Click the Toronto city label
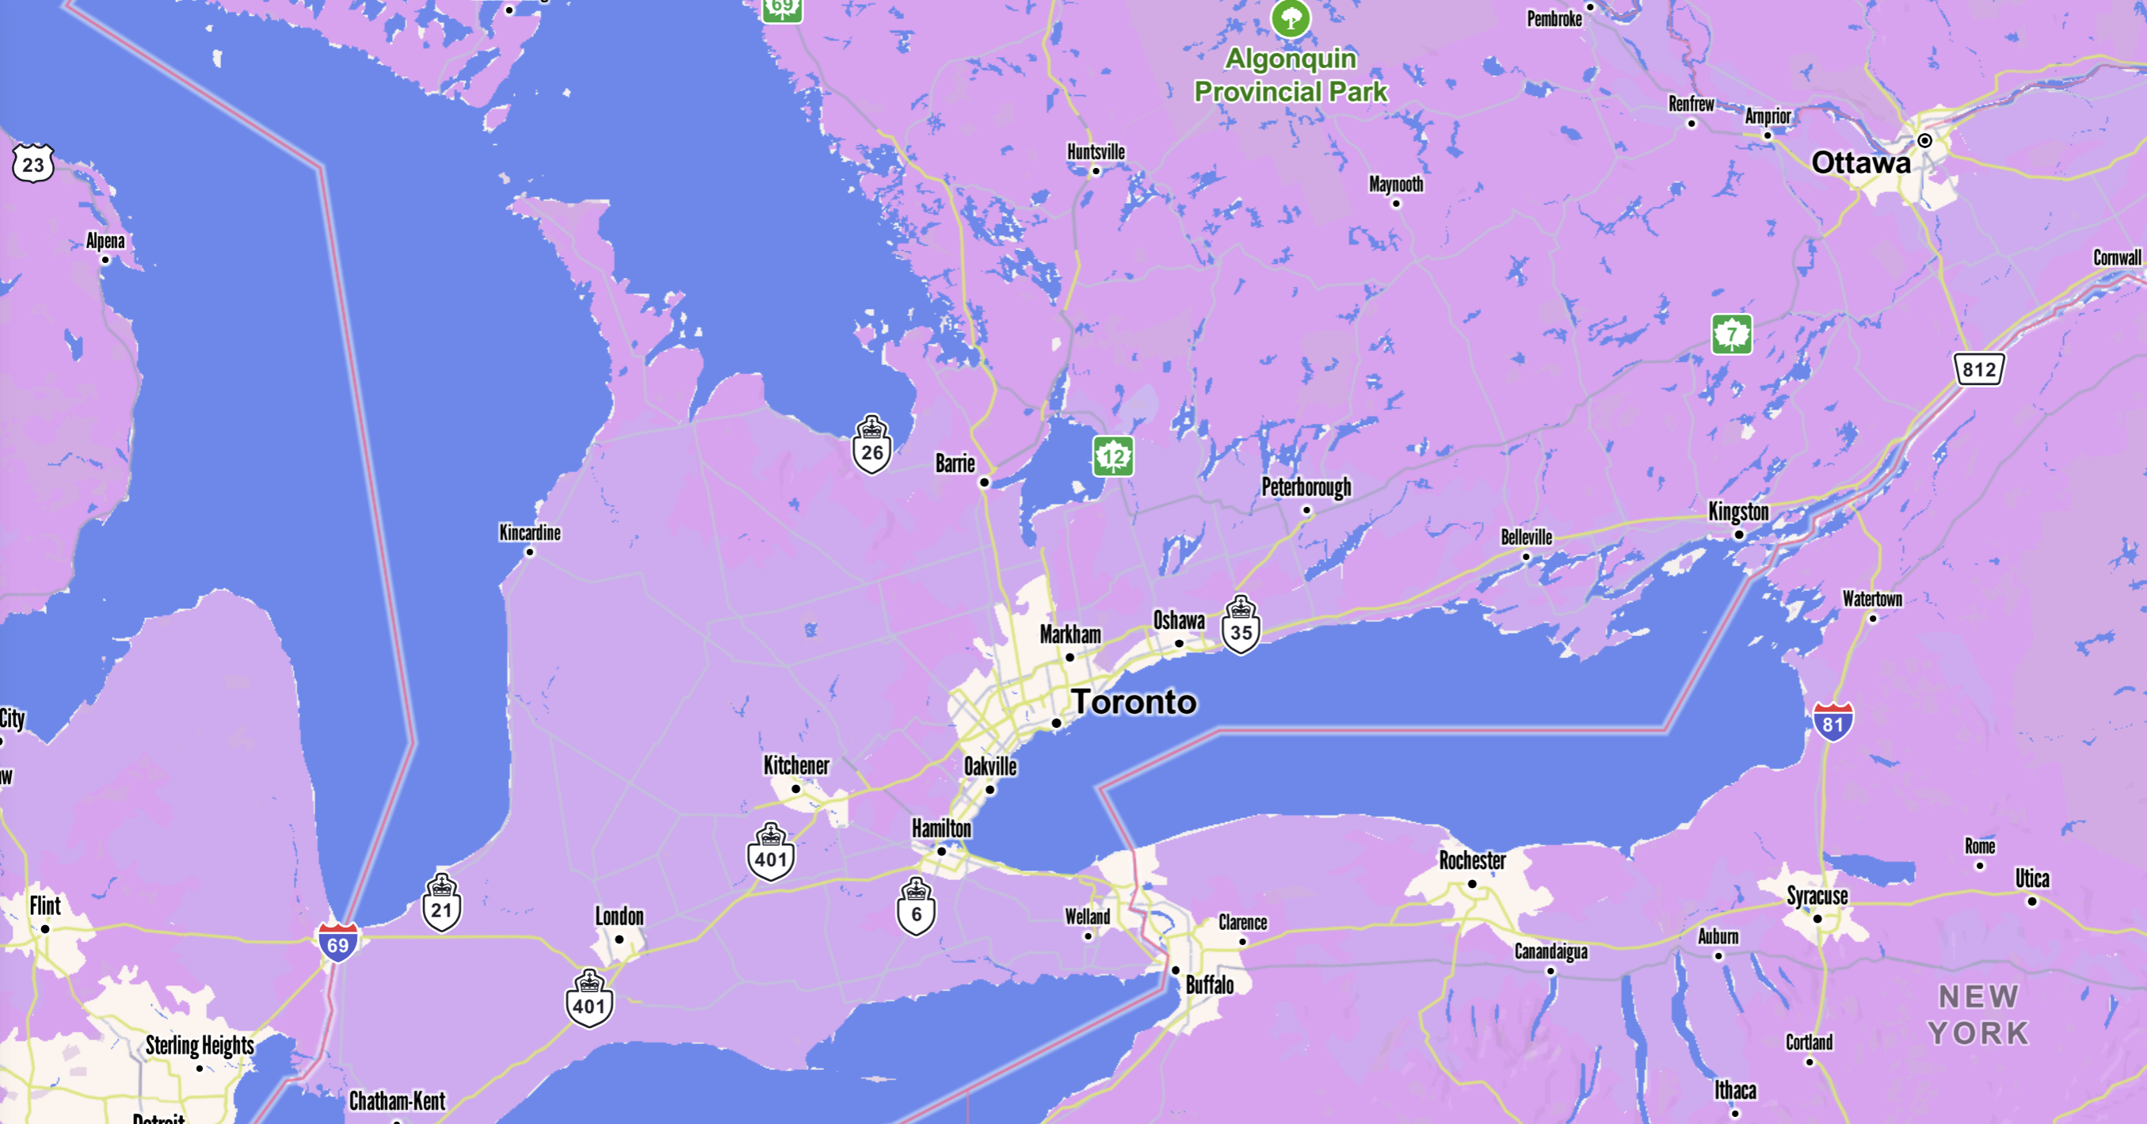click(x=1134, y=703)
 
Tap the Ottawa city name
click(x=1860, y=162)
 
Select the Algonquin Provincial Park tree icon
click(x=1291, y=17)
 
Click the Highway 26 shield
click(x=871, y=445)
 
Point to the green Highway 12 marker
click(x=1112, y=456)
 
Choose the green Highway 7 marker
click(x=1731, y=334)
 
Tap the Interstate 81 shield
click(x=1832, y=722)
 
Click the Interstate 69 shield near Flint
click(x=337, y=943)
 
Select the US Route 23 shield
click(x=33, y=163)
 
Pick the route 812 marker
click(x=1978, y=369)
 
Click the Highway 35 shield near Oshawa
click(x=1241, y=626)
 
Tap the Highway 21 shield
click(x=442, y=903)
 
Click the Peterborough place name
click(x=1306, y=486)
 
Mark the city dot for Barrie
click(x=984, y=482)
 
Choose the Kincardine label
click(x=530, y=532)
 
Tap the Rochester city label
click(x=1472, y=860)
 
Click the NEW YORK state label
click(x=1977, y=1015)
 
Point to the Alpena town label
click(x=105, y=241)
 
